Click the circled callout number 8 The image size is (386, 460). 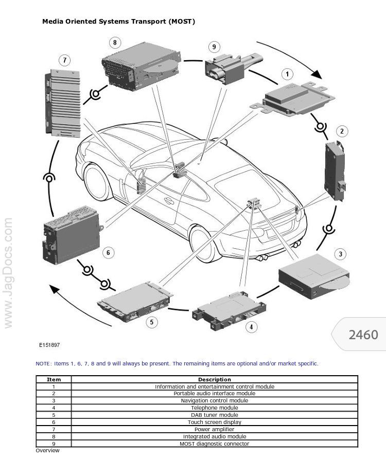114,42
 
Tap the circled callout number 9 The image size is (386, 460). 214,47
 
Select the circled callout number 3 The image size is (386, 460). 340,254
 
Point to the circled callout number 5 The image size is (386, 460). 151,322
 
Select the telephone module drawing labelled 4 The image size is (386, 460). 230,308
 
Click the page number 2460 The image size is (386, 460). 363,335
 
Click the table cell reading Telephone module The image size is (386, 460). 214,408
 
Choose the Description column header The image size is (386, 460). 214,380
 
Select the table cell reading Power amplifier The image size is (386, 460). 214,429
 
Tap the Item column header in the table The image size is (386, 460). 54,380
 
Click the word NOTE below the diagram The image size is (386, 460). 43,364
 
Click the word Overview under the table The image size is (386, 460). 47,451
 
